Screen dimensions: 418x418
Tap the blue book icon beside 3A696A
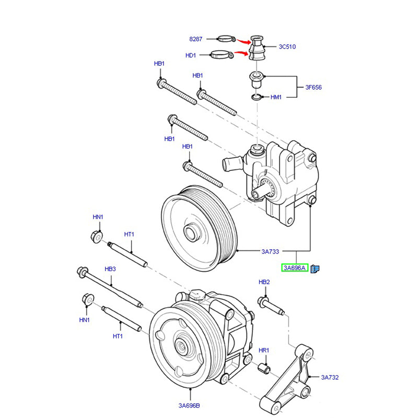315,269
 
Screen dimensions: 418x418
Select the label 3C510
287,47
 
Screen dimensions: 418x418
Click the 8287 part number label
195,39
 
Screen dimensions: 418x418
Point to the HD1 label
190,55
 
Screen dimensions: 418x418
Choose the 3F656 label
313,87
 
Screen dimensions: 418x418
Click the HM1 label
276,97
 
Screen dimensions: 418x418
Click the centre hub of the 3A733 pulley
191,230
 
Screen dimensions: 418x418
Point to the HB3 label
110,269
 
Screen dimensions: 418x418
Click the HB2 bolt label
264,282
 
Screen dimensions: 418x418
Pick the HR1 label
264,350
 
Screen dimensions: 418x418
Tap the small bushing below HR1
264,369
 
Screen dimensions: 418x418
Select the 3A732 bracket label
330,377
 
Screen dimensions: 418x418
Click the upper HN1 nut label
98,217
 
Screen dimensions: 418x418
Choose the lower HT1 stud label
117,336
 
